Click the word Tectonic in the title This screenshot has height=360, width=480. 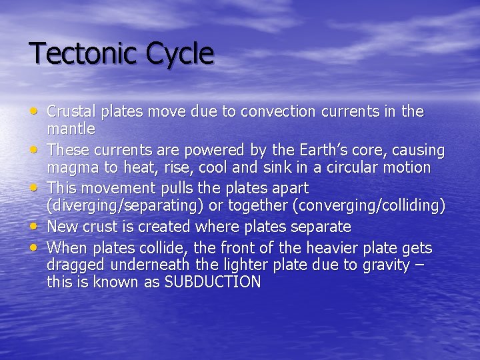(x=74, y=54)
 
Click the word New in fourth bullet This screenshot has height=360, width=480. (x=62, y=227)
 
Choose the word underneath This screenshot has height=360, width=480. (x=147, y=265)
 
